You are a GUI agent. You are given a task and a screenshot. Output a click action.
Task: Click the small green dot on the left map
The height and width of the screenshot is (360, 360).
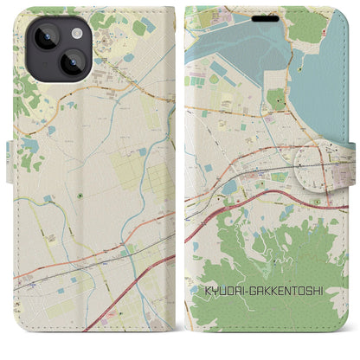click(x=80, y=195)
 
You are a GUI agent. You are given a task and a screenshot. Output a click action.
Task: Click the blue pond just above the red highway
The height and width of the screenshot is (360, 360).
click(x=228, y=187)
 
